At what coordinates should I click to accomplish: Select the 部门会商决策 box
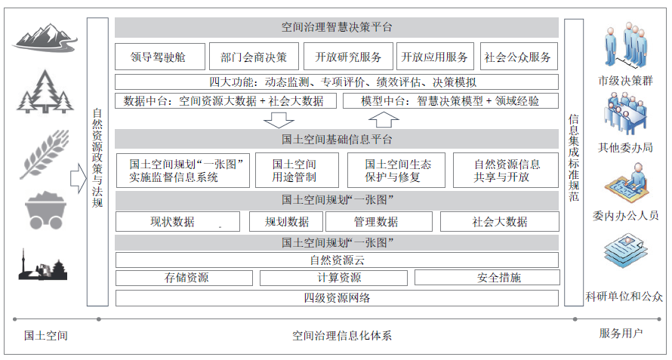254,57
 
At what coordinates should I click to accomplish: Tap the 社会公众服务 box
518,57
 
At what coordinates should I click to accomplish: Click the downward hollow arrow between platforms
279,119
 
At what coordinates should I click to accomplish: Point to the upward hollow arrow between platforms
384,119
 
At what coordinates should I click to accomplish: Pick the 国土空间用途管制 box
294,171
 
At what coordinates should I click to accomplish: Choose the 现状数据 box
177,222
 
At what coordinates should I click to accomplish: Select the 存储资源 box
186,278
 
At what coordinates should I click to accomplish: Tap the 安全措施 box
499,278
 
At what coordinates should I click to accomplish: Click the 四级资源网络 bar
337,297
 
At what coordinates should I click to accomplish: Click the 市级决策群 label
624,80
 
